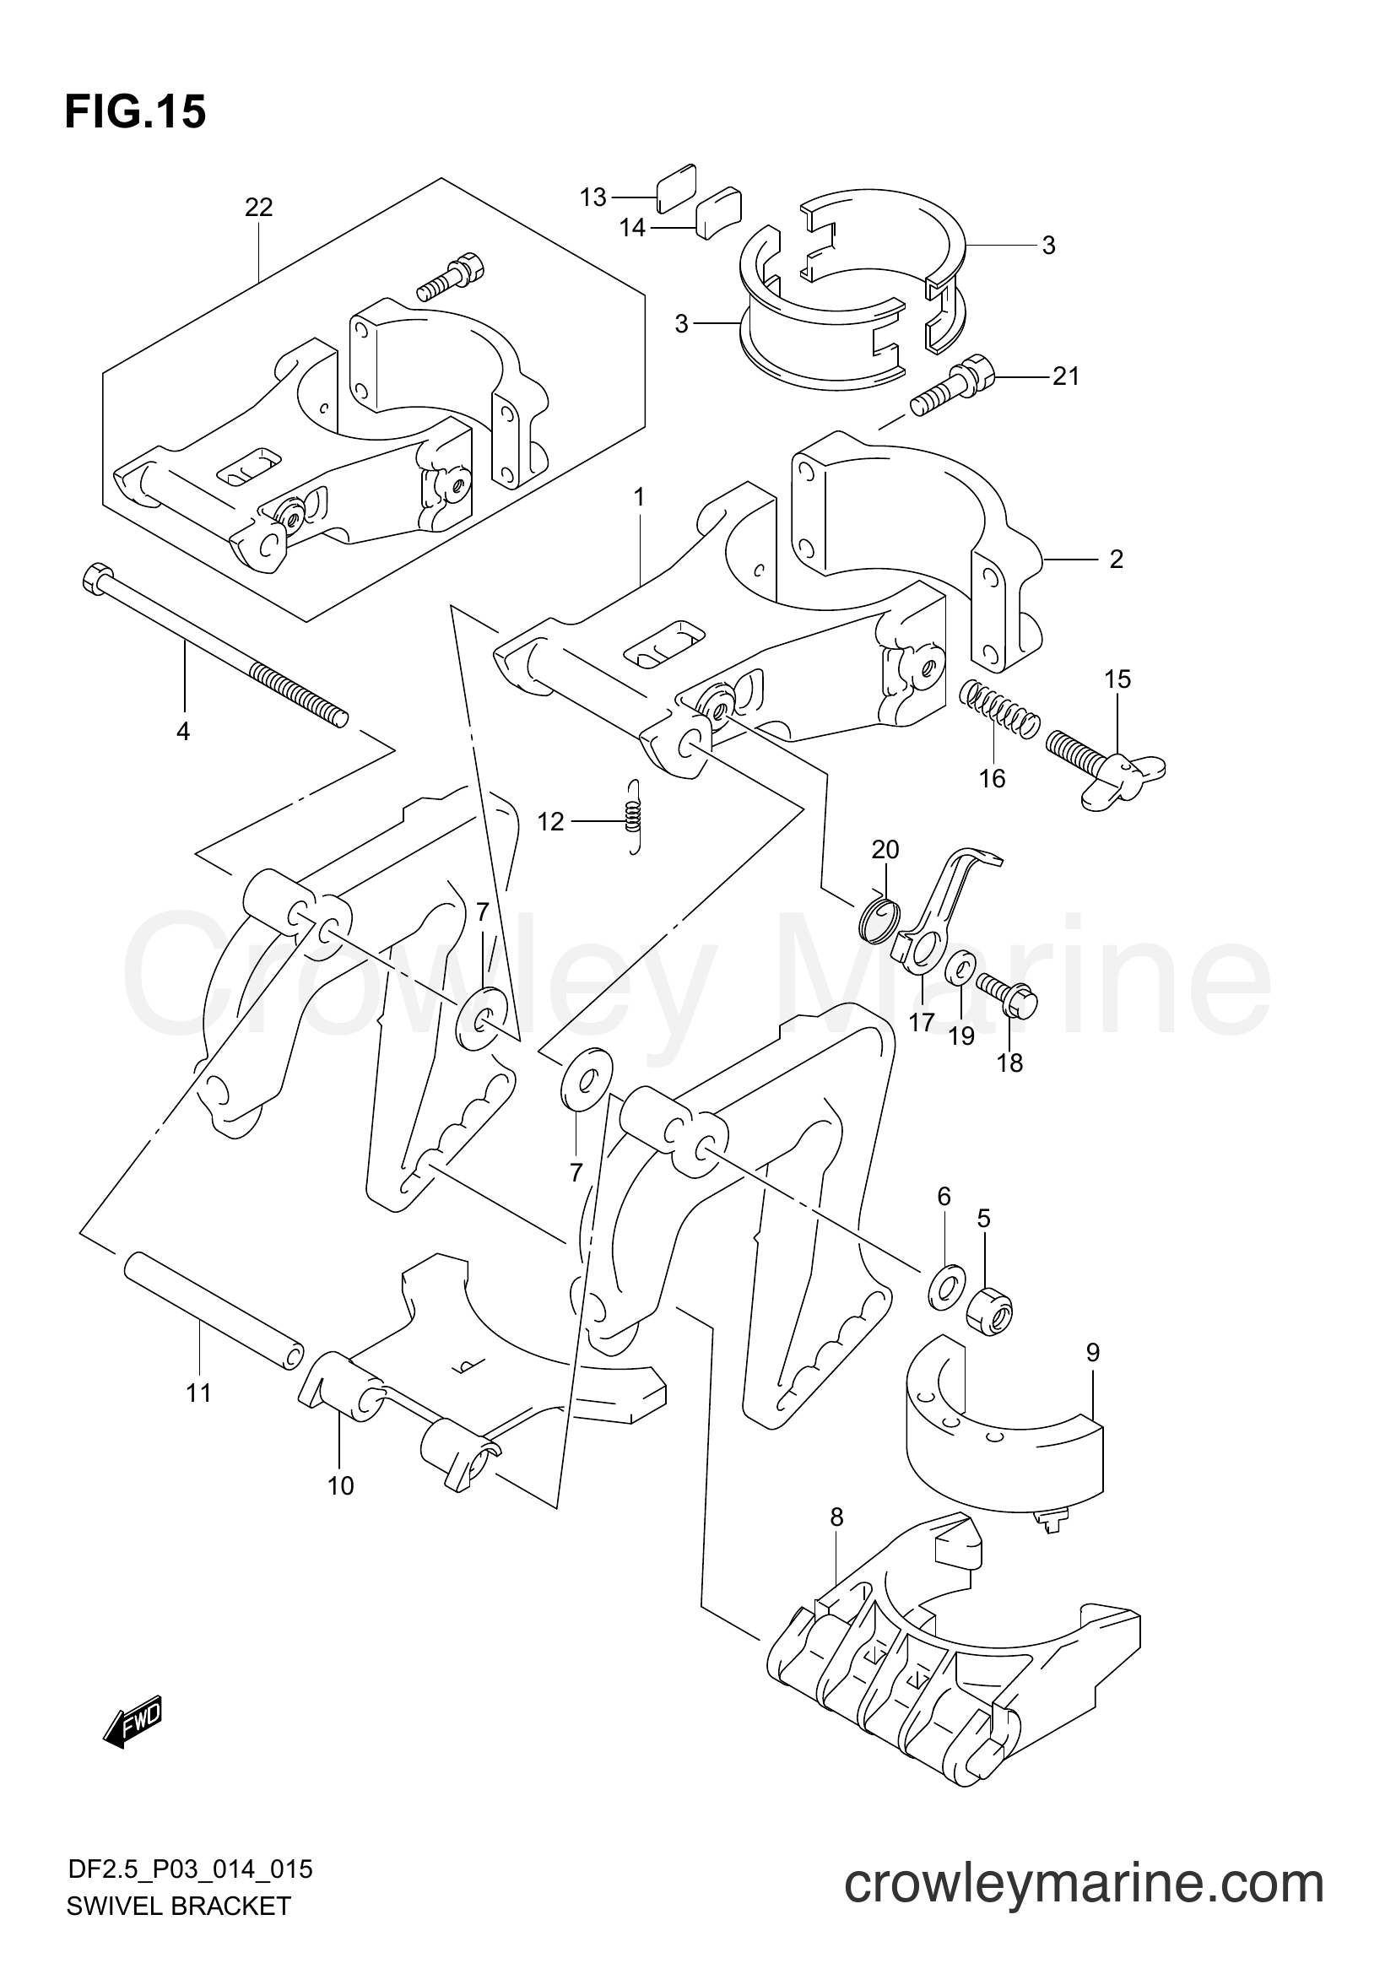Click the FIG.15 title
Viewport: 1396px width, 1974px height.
tap(135, 112)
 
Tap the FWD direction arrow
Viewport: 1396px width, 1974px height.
tap(133, 1720)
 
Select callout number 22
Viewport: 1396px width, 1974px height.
tap(258, 208)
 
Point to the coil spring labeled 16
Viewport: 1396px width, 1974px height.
tap(998, 706)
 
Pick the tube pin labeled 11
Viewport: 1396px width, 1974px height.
tap(214, 1318)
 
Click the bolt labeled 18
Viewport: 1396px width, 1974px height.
tap(1007, 998)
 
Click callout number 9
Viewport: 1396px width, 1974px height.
tap(1091, 1353)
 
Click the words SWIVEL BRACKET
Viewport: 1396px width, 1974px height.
tap(178, 1947)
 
